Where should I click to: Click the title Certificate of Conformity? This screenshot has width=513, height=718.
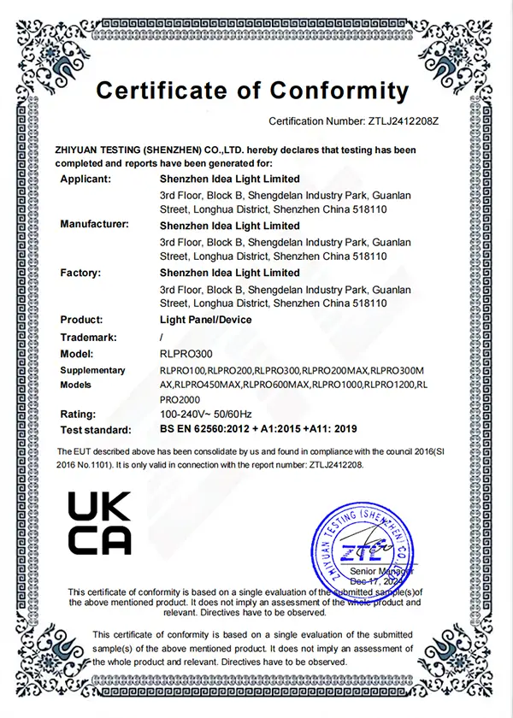pos(252,90)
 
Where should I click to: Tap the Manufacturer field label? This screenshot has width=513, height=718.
pos(94,225)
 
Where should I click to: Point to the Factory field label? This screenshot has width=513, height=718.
pos(81,273)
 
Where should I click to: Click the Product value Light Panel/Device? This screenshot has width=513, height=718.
pos(206,320)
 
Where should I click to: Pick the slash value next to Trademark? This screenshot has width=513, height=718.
pos(162,336)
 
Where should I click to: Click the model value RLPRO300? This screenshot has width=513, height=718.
pos(184,352)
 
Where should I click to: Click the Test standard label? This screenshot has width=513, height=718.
pos(96,430)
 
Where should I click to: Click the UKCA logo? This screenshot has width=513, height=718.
pos(99,523)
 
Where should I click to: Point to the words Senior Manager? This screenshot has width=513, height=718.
pos(382,570)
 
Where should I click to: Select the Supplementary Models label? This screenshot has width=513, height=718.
pos(92,377)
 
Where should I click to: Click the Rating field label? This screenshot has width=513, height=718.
pos(78,414)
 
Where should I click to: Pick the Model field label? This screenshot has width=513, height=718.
pos(76,352)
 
